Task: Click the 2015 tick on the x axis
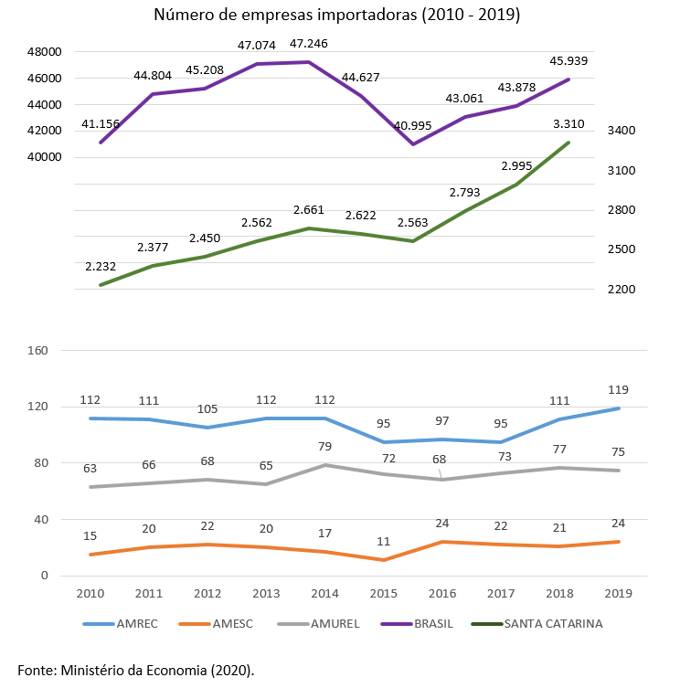(x=385, y=593)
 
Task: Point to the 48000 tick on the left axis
(x=43, y=52)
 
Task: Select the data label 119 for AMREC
(x=619, y=389)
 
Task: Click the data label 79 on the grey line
(x=325, y=446)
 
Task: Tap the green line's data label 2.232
(x=101, y=266)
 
